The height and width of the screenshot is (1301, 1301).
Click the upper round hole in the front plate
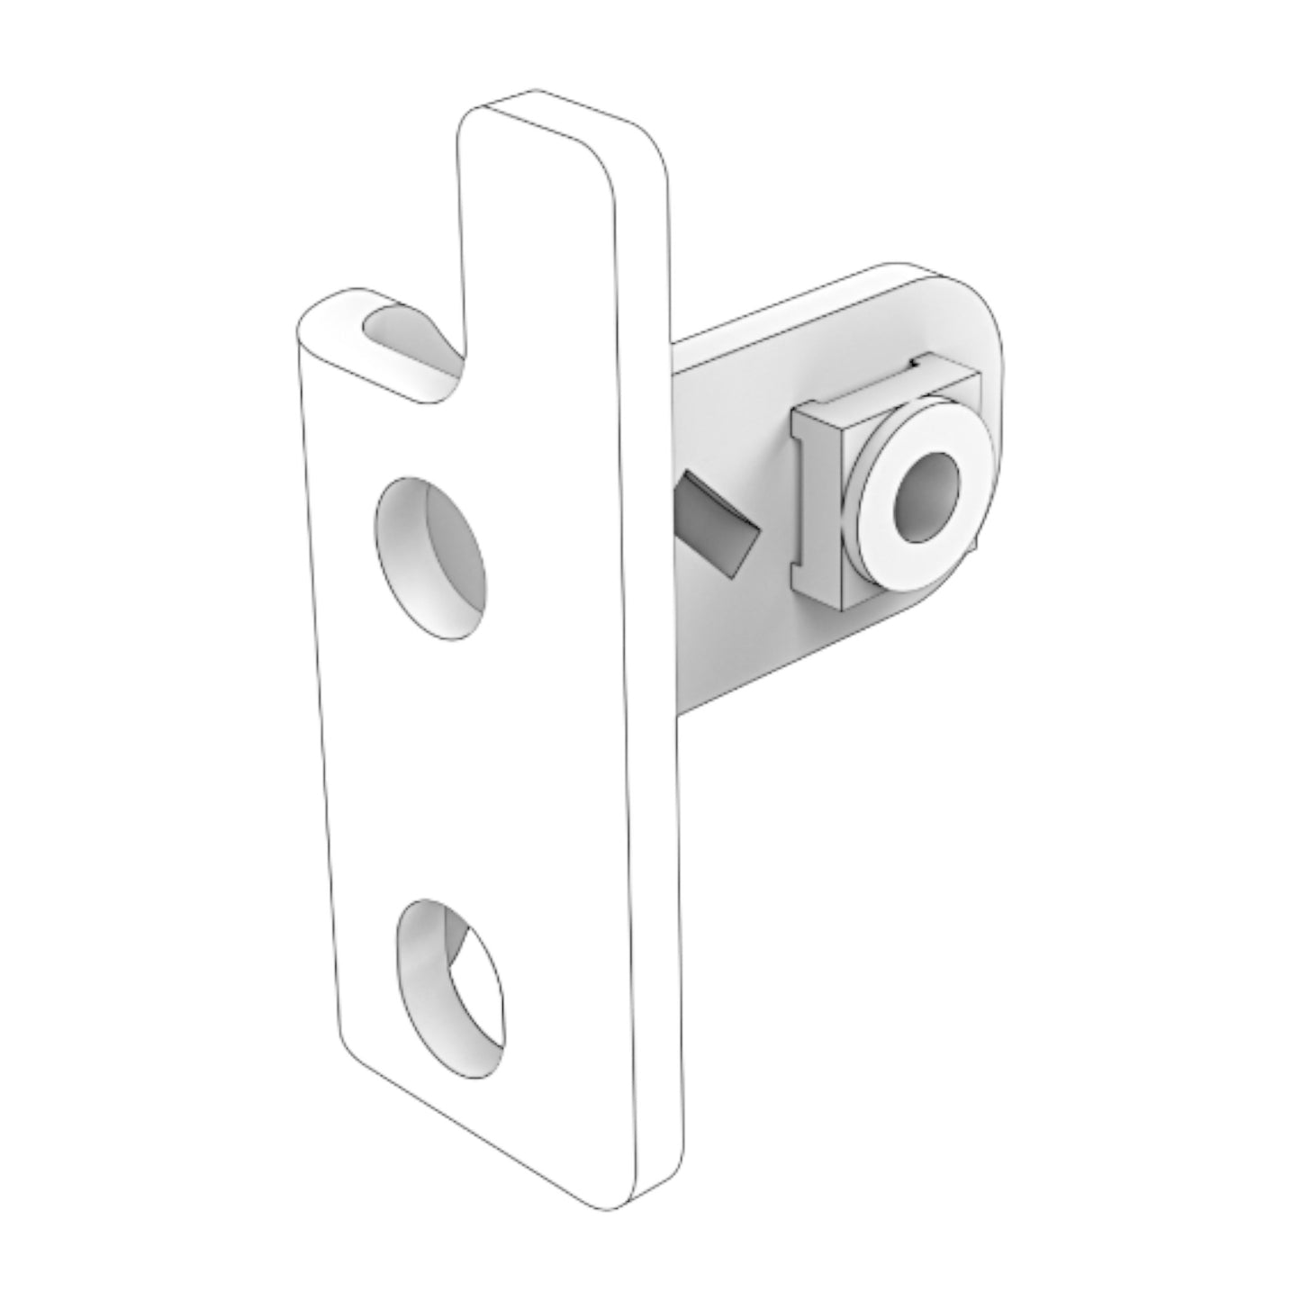click(x=430, y=558)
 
